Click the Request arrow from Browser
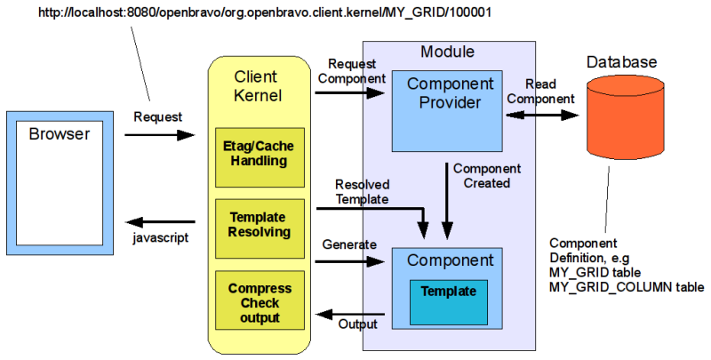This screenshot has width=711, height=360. pos(160,135)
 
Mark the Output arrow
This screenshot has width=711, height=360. pos(351,313)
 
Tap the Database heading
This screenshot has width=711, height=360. pos(622,62)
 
